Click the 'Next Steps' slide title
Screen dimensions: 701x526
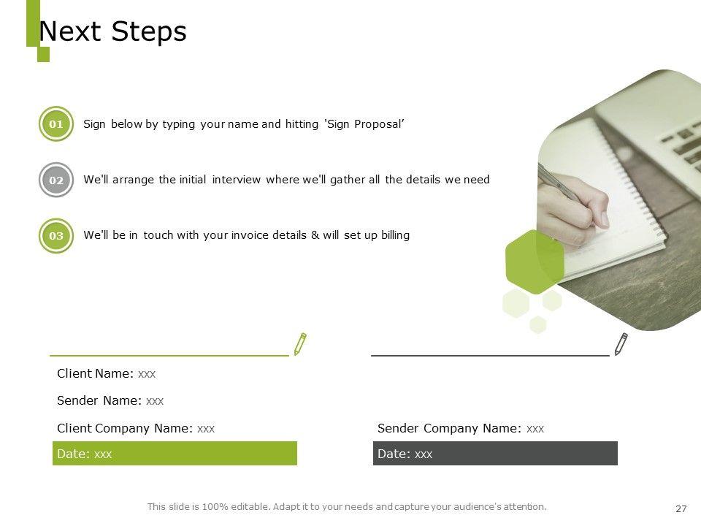(x=112, y=31)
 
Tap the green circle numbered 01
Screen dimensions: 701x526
(x=56, y=124)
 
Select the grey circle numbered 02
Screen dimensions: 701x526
(x=56, y=180)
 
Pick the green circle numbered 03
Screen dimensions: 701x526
(x=56, y=236)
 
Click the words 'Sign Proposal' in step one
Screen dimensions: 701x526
(x=365, y=124)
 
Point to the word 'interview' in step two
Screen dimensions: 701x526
(x=236, y=180)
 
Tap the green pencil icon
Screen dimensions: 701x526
(x=300, y=344)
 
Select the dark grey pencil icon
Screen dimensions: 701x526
(x=621, y=344)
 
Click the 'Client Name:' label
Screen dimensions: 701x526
(x=95, y=373)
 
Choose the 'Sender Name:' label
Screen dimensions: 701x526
(x=99, y=400)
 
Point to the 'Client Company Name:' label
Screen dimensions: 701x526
(x=125, y=429)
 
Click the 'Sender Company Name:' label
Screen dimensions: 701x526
(x=449, y=429)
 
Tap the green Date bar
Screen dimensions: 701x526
(x=175, y=453)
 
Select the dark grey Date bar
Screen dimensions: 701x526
(x=495, y=453)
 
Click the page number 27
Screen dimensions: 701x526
(x=681, y=508)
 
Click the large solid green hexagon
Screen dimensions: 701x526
(x=535, y=262)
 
